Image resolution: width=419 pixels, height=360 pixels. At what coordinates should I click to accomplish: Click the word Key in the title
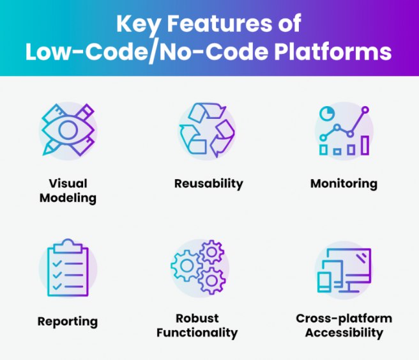click(138, 24)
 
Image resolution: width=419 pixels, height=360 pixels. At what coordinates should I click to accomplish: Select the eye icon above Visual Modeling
click(68, 130)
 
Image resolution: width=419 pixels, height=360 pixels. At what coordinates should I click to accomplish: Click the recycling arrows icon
click(207, 130)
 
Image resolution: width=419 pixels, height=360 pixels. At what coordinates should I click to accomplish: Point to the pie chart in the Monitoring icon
click(327, 113)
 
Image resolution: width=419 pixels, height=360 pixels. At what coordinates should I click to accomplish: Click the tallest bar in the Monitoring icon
click(365, 145)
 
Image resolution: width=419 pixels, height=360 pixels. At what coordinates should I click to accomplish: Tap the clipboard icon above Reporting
click(68, 268)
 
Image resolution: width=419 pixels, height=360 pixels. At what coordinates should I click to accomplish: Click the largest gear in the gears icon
click(187, 265)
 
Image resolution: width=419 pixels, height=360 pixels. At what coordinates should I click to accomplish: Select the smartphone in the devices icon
click(324, 282)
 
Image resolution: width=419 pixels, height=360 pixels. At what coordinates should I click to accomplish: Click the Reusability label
click(209, 184)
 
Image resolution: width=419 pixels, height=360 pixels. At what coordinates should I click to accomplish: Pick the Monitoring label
click(344, 184)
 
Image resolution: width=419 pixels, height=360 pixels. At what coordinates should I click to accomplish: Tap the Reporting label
click(68, 322)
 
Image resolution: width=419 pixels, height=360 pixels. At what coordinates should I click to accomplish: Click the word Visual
click(68, 184)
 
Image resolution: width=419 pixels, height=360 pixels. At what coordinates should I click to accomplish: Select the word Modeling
click(68, 198)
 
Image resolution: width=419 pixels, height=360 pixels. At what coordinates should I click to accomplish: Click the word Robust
click(197, 318)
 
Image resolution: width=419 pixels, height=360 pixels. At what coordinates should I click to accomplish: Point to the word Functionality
click(197, 333)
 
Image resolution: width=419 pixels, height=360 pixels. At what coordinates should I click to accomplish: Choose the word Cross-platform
click(344, 318)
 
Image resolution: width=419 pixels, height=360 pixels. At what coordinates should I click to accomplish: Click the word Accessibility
click(344, 333)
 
